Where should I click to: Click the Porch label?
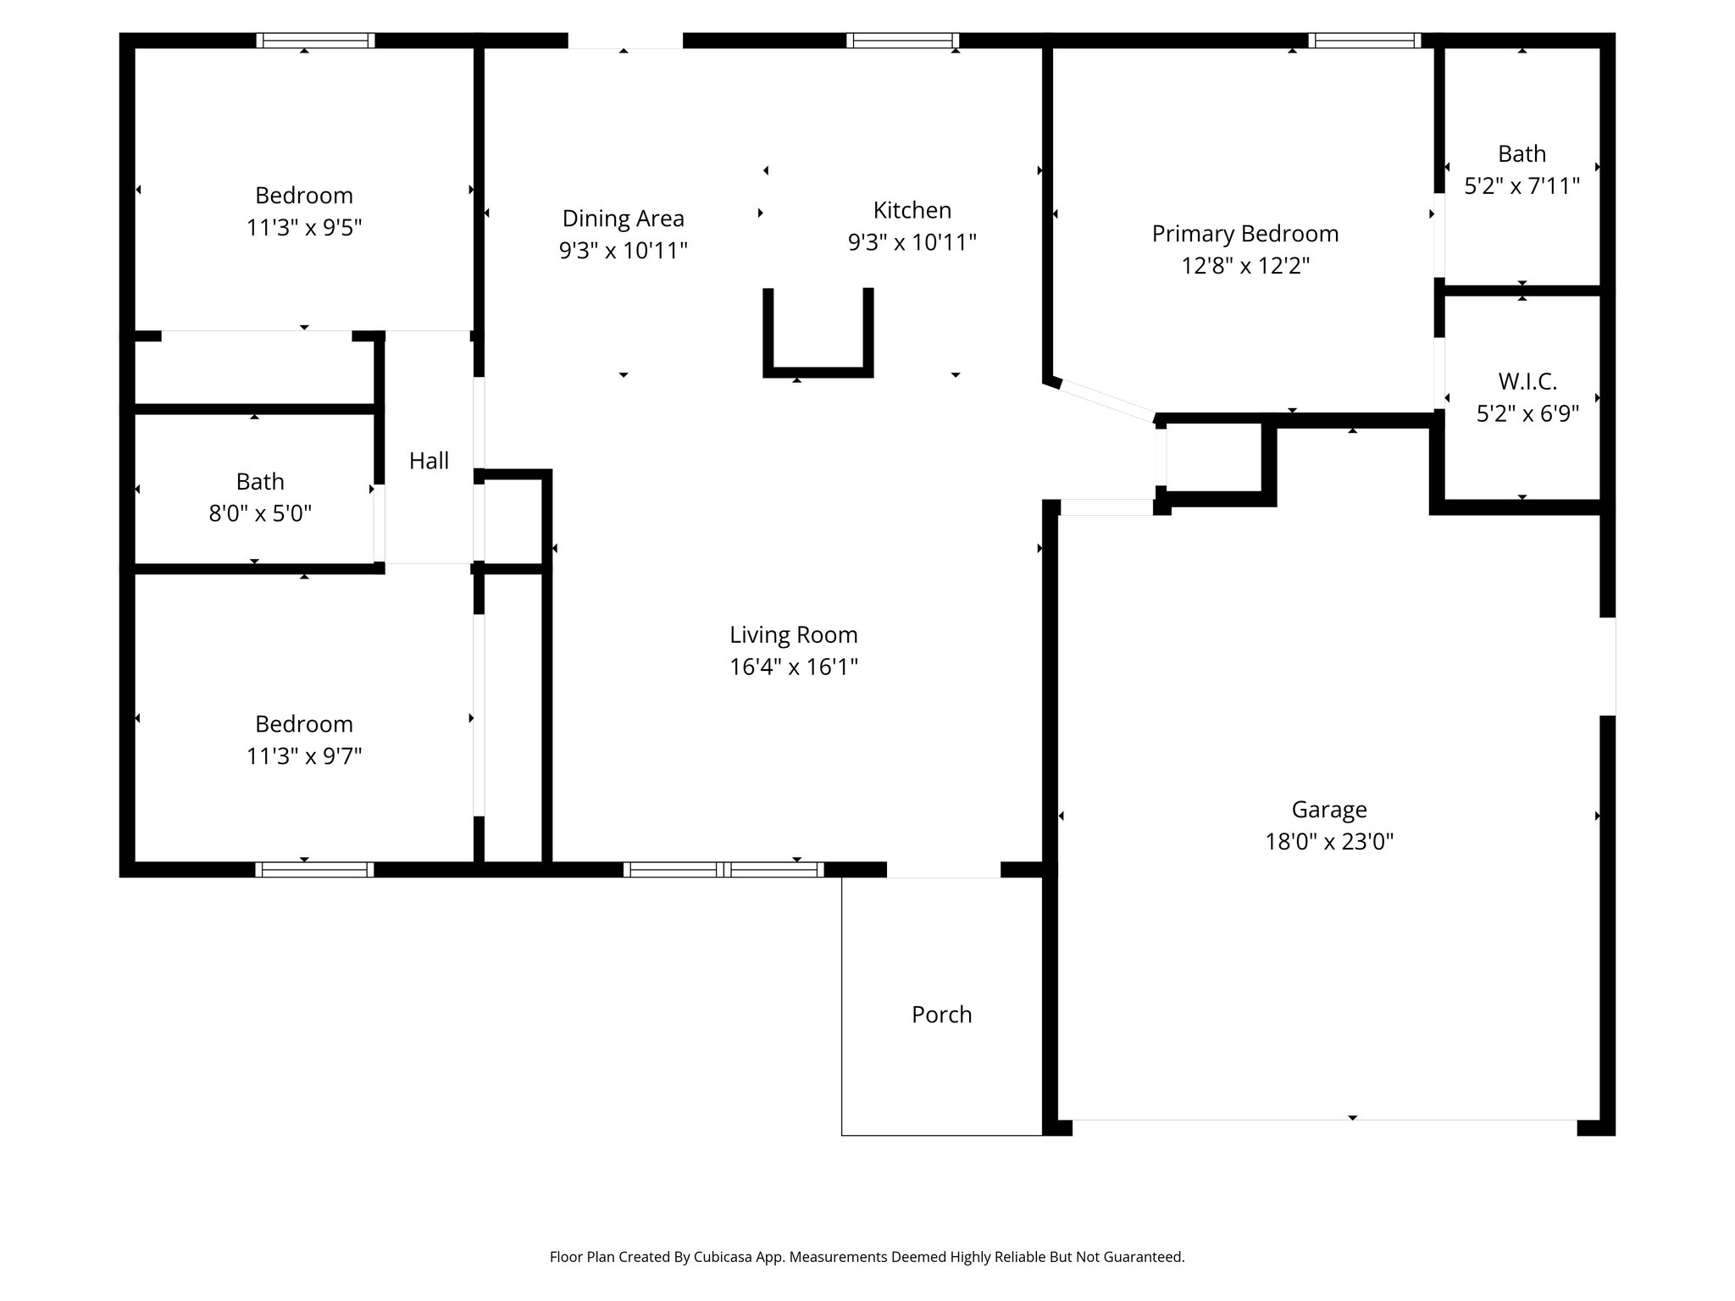tap(941, 1015)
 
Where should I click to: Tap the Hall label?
tap(429, 461)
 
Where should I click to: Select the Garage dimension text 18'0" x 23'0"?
tap(1328, 842)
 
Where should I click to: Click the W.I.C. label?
tap(1527, 382)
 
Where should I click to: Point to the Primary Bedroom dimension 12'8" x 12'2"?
tap(1244, 266)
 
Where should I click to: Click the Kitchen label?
tap(912, 210)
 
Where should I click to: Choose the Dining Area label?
tap(623, 219)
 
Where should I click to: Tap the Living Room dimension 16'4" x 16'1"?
tap(793, 667)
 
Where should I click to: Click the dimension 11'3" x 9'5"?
tap(303, 228)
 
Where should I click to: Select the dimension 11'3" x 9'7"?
tap(303, 756)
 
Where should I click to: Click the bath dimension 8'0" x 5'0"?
tap(260, 513)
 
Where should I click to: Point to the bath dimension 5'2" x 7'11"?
tap(1522, 186)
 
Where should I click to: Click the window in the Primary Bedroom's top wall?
tap(1364, 40)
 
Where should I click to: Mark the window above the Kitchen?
tap(902, 40)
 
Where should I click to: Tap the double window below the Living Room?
tap(723, 869)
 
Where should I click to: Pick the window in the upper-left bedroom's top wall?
tap(315, 40)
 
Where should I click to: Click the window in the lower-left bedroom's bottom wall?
tap(314, 869)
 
